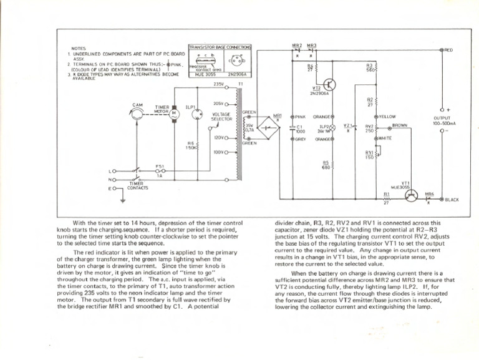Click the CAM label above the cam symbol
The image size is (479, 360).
138,105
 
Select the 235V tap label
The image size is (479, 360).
218,83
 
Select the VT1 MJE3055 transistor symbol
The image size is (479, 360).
409,195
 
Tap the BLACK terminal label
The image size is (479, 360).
452,200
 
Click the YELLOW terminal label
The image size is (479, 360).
388,116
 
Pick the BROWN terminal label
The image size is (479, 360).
400,125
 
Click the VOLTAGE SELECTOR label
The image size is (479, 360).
222,117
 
